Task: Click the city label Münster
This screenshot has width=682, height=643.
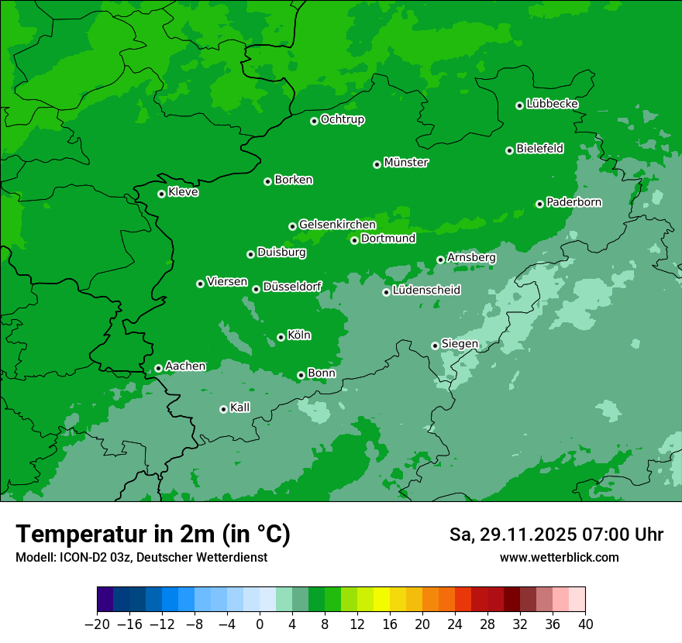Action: tap(406, 163)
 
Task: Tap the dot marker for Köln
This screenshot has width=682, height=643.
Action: tap(281, 337)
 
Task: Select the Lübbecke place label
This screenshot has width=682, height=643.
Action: tap(552, 104)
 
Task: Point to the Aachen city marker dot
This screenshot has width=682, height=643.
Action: tap(158, 368)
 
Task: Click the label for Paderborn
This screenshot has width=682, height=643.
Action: tap(573, 202)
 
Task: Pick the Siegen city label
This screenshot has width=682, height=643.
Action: tap(460, 344)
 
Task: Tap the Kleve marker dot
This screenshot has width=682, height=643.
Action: tap(161, 194)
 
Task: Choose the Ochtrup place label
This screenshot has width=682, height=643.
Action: tap(342, 119)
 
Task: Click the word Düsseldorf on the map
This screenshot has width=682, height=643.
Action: tap(292, 287)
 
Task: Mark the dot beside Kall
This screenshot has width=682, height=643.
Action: tap(223, 409)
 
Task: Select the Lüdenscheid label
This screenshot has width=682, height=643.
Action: tap(426, 291)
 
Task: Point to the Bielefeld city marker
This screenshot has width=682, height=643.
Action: tap(509, 150)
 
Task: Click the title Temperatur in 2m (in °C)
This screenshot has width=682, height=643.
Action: tap(153, 535)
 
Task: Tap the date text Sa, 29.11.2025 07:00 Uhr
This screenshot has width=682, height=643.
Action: tap(556, 535)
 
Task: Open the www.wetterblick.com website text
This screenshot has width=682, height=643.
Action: tap(559, 557)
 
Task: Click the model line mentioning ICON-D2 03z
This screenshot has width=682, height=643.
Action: tap(141, 557)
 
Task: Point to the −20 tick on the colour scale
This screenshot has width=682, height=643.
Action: tap(98, 624)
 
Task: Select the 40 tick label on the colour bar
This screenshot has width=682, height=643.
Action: tap(585, 624)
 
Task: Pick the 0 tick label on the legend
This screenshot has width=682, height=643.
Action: tap(260, 624)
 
